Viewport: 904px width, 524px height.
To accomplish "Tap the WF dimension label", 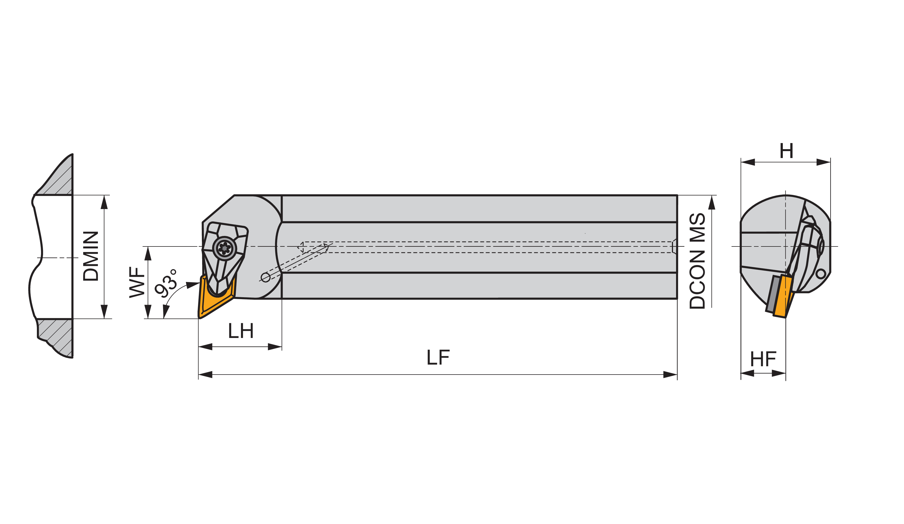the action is (137, 282).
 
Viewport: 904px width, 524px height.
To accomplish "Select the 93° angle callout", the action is (166, 283).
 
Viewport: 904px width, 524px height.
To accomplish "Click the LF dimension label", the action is (438, 357).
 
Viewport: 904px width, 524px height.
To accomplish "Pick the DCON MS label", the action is (697, 261).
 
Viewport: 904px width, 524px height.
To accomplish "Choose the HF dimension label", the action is (763, 359).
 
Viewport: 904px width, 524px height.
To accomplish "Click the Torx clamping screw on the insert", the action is (225, 248).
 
